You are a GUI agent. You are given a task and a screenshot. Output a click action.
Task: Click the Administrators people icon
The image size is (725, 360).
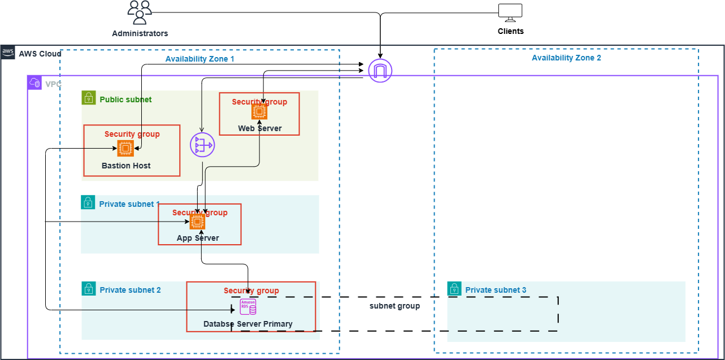[140, 13]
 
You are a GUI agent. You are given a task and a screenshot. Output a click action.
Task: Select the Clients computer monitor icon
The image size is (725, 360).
[510, 12]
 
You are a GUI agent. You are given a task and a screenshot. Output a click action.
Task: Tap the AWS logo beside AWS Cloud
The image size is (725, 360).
[8, 53]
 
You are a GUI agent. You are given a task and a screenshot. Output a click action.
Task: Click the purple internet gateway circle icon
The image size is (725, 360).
[380, 71]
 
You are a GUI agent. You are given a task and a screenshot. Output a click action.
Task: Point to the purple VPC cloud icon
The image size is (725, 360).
[34, 83]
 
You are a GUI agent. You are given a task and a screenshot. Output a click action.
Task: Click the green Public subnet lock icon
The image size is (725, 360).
[88, 98]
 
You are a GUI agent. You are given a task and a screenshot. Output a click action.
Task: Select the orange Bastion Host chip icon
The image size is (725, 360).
[125, 149]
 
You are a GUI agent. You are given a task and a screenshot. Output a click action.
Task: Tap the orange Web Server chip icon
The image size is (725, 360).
[259, 111]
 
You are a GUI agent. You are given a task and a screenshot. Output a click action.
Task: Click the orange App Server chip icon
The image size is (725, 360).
[197, 222]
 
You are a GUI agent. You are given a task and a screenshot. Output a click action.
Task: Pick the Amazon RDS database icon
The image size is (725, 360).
[248, 307]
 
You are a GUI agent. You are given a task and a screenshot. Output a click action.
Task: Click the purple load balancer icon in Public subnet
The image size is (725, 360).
[202, 146]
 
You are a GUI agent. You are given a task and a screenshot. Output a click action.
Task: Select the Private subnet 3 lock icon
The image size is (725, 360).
[454, 289]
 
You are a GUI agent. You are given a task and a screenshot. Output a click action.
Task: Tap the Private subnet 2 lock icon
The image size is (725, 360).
[88, 289]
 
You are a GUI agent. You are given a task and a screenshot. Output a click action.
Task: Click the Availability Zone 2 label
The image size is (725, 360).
[566, 58]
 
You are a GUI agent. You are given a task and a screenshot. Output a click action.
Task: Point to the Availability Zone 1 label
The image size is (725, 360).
[199, 59]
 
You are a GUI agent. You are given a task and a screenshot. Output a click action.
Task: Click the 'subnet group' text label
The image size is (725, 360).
[394, 306]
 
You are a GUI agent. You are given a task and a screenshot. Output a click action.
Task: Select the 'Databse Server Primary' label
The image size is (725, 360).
[248, 324]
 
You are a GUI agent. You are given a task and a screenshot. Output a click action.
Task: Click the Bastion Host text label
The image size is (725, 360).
[126, 166]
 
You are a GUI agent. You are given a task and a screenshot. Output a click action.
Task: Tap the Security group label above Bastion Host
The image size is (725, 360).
[132, 134]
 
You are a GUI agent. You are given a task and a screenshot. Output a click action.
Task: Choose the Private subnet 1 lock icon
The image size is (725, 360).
[88, 202]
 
